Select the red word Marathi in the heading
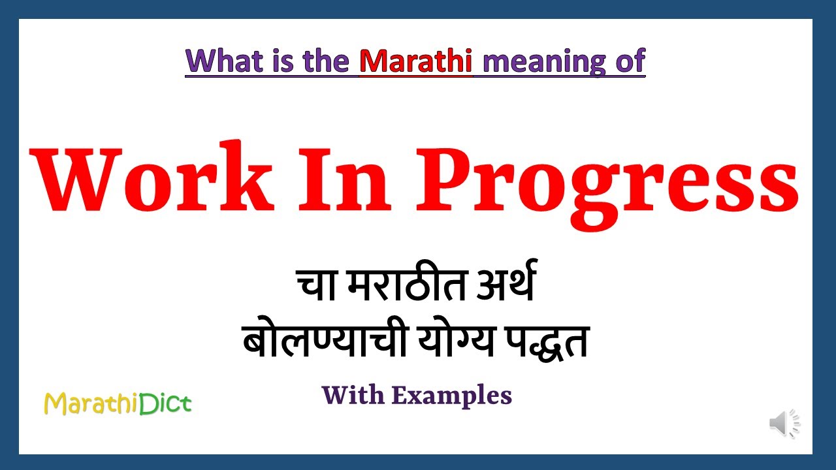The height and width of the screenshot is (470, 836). click(x=415, y=61)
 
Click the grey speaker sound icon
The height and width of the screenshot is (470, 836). click(x=784, y=424)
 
